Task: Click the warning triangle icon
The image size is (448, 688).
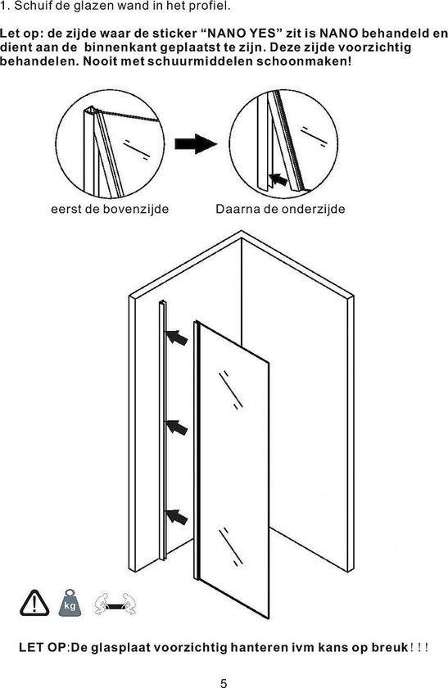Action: pyautogui.click(x=34, y=604)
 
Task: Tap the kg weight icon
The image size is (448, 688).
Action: pyautogui.click(x=70, y=603)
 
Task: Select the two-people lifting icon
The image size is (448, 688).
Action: pyautogui.click(x=115, y=604)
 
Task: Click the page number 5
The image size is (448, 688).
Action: pyautogui.click(x=224, y=683)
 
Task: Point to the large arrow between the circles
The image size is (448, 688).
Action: pyautogui.click(x=196, y=143)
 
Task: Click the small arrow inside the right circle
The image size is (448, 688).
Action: pyautogui.click(x=278, y=179)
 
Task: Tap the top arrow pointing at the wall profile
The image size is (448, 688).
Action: pyautogui.click(x=176, y=337)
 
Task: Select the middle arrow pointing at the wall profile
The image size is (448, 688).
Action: pyautogui.click(x=176, y=427)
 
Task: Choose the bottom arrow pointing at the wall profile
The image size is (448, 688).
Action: pyautogui.click(x=176, y=517)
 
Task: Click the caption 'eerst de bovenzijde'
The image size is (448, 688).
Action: pyautogui.click(x=110, y=209)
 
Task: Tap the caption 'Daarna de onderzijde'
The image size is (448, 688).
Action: pyautogui.click(x=280, y=209)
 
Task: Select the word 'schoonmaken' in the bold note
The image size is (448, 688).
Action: pyautogui.click(x=304, y=61)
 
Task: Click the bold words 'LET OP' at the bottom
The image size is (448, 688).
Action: pyautogui.click(x=42, y=647)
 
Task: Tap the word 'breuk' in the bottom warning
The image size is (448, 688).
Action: pyautogui.click(x=390, y=647)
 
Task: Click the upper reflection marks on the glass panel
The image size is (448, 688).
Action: pyautogui.click(x=231, y=390)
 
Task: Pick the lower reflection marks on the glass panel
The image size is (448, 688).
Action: pyautogui.click(x=231, y=546)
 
